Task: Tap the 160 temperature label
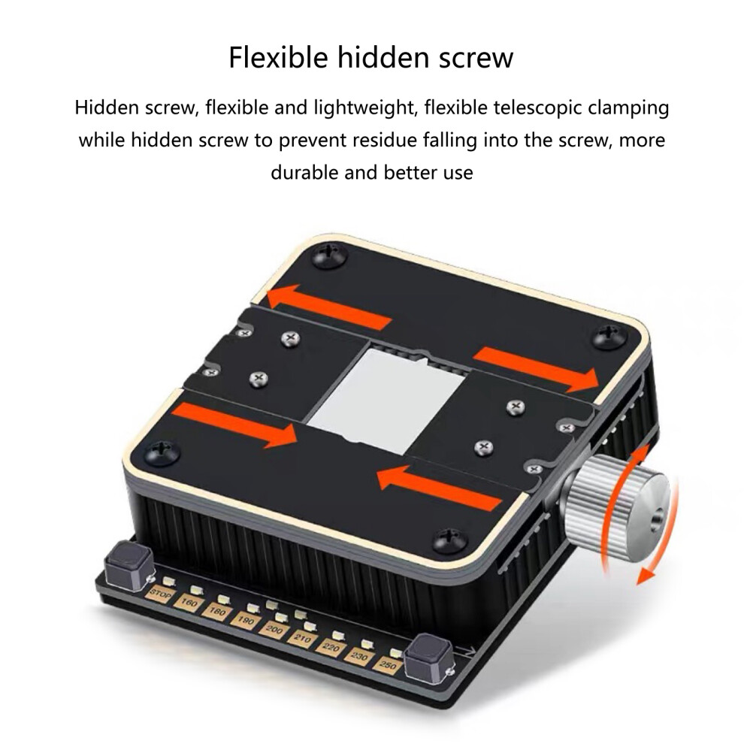coord(189,603)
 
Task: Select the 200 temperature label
coord(274,630)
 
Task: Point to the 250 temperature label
coord(388,665)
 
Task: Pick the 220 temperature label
coord(331,648)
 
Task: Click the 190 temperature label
coord(245,621)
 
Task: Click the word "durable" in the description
coord(304,172)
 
